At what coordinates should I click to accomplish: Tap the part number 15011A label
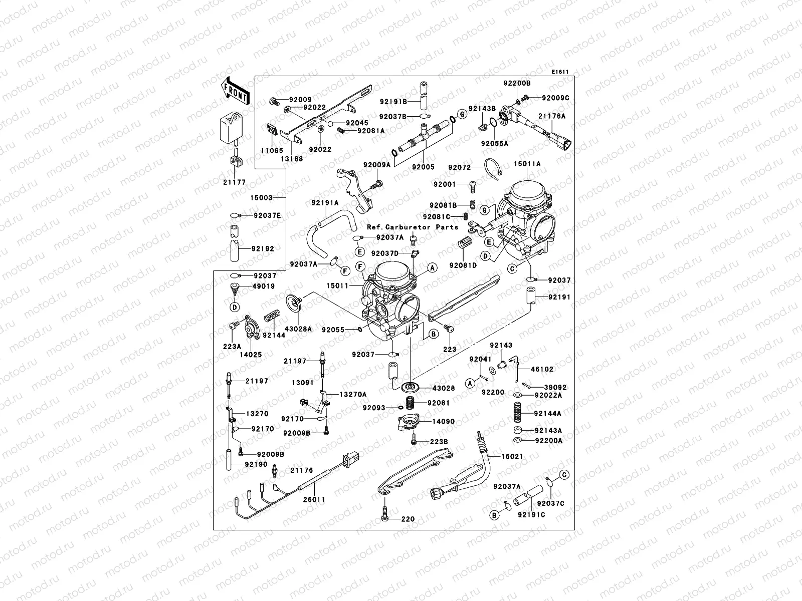click(x=527, y=164)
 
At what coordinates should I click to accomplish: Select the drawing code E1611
click(x=560, y=72)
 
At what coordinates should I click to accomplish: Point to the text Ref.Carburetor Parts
click(x=412, y=227)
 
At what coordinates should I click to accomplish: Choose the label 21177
click(x=234, y=182)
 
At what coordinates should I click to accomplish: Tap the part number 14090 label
click(x=443, y=421)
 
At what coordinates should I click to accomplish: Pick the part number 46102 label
click(x=542, y=369)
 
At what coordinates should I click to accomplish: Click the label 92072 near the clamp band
click(x=460, y=167)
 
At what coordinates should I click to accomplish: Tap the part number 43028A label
click(x=298, y=329)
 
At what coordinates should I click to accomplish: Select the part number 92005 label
click(x=424, y=167)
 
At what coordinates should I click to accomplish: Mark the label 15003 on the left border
click(x=262, y=198)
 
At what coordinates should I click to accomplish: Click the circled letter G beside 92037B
click(x=462, y=115)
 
